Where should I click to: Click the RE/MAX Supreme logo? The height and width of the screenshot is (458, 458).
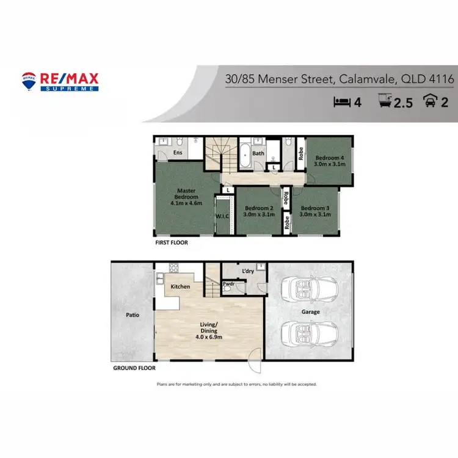tap(60, 81)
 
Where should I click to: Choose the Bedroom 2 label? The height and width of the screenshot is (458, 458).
tap(259, 211)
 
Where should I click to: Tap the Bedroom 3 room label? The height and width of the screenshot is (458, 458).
tap(316, 211)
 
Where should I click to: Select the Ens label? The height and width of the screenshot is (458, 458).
tap(178, 153)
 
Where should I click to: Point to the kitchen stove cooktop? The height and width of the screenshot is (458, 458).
tap(173, 268)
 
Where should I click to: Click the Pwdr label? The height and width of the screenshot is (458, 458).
tap(229, 283)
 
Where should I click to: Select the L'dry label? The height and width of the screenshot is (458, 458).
tap(247, 271)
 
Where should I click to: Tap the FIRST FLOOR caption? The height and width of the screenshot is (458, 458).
tap(171, 242)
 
